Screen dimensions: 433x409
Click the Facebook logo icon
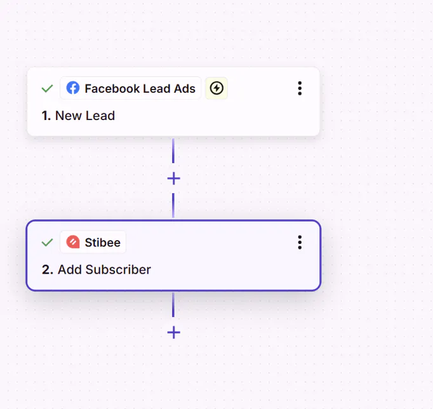tap(73, 88)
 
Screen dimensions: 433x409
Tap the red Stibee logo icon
tap(73, 242)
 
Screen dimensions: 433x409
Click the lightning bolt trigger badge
tap(216, 88)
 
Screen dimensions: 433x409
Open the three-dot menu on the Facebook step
tap(300, 88)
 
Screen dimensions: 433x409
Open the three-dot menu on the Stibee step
tap(300, 243)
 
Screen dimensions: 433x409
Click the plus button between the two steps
tap(174, 178)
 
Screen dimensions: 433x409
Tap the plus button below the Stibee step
tap(174, 332)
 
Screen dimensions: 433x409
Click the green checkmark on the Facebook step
tap(47, 88)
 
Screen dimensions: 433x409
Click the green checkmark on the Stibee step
tap(47, 243)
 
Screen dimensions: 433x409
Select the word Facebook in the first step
tap(112, 89)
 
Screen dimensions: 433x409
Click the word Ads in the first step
tap(185, 89)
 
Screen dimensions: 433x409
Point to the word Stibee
tap(103, 243)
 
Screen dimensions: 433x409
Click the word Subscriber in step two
tap(118, 269)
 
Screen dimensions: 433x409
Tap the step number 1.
tap(46, 116)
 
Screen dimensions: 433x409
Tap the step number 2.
tap(47, 269)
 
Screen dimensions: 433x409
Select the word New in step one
tap(69, 116)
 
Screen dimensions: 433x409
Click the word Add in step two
tap(70, 269)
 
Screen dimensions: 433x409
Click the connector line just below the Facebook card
tap(173, 151)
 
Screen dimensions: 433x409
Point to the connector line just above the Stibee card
tap(173, 205)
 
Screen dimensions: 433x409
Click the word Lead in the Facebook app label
tap(157, 89)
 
